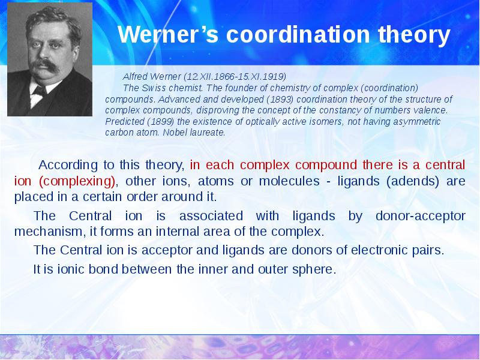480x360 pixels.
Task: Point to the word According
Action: [67, 165]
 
